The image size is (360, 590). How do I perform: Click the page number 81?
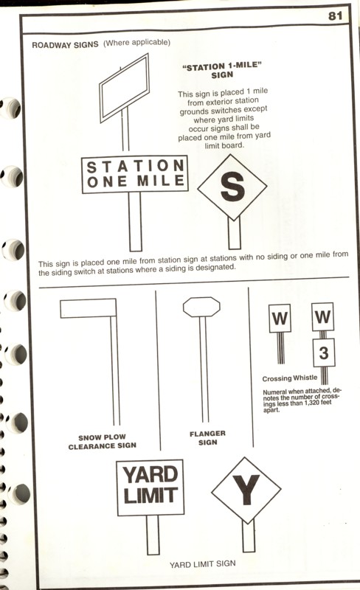pos(335,15)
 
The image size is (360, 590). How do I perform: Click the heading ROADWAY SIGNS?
pos(65,45)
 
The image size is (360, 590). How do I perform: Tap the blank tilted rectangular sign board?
pos(124,88)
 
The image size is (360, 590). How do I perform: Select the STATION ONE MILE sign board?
pos(135,174)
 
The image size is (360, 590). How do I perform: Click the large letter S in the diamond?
pos(232,187)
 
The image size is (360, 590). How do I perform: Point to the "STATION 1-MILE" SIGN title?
pos(222,70)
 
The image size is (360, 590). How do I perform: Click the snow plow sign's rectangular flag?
pos(88,308)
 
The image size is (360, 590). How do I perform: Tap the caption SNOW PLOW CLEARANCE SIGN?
pos(102,442)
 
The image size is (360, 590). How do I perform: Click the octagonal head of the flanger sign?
pos(201,307)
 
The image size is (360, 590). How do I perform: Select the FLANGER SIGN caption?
pos(207,438)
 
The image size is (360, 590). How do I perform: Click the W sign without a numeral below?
pos(280,319)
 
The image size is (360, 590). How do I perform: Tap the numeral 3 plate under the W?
pos(323,353)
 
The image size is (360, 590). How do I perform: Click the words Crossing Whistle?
pos(290,378)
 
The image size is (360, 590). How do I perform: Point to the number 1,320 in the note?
pos(312,403)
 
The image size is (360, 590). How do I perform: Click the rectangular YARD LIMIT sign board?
pos(150,487)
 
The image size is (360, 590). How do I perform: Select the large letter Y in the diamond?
pos(246,490)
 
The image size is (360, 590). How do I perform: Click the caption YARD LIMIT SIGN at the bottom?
pos(203,564)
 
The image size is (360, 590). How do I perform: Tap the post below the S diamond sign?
pos(235,232)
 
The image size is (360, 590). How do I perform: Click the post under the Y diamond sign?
pos(249,536)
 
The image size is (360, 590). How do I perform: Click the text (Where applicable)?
pos(136,43)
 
